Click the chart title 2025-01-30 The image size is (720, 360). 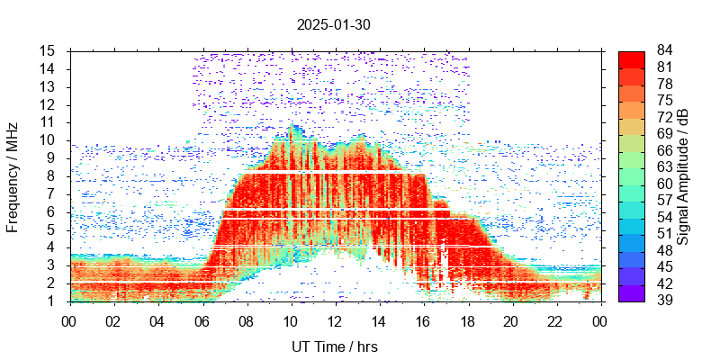[333, 24]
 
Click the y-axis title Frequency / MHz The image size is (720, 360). [13, 175]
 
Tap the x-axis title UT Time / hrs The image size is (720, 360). [335, 346]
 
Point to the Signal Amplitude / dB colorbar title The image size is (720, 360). [683, 175]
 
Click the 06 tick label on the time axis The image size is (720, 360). [202, 320]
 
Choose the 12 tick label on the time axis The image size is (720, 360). [335, 320]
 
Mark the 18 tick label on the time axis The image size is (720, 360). [467, 320]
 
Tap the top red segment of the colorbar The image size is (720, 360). [632, 58]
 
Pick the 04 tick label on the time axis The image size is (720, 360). [157, 320]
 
